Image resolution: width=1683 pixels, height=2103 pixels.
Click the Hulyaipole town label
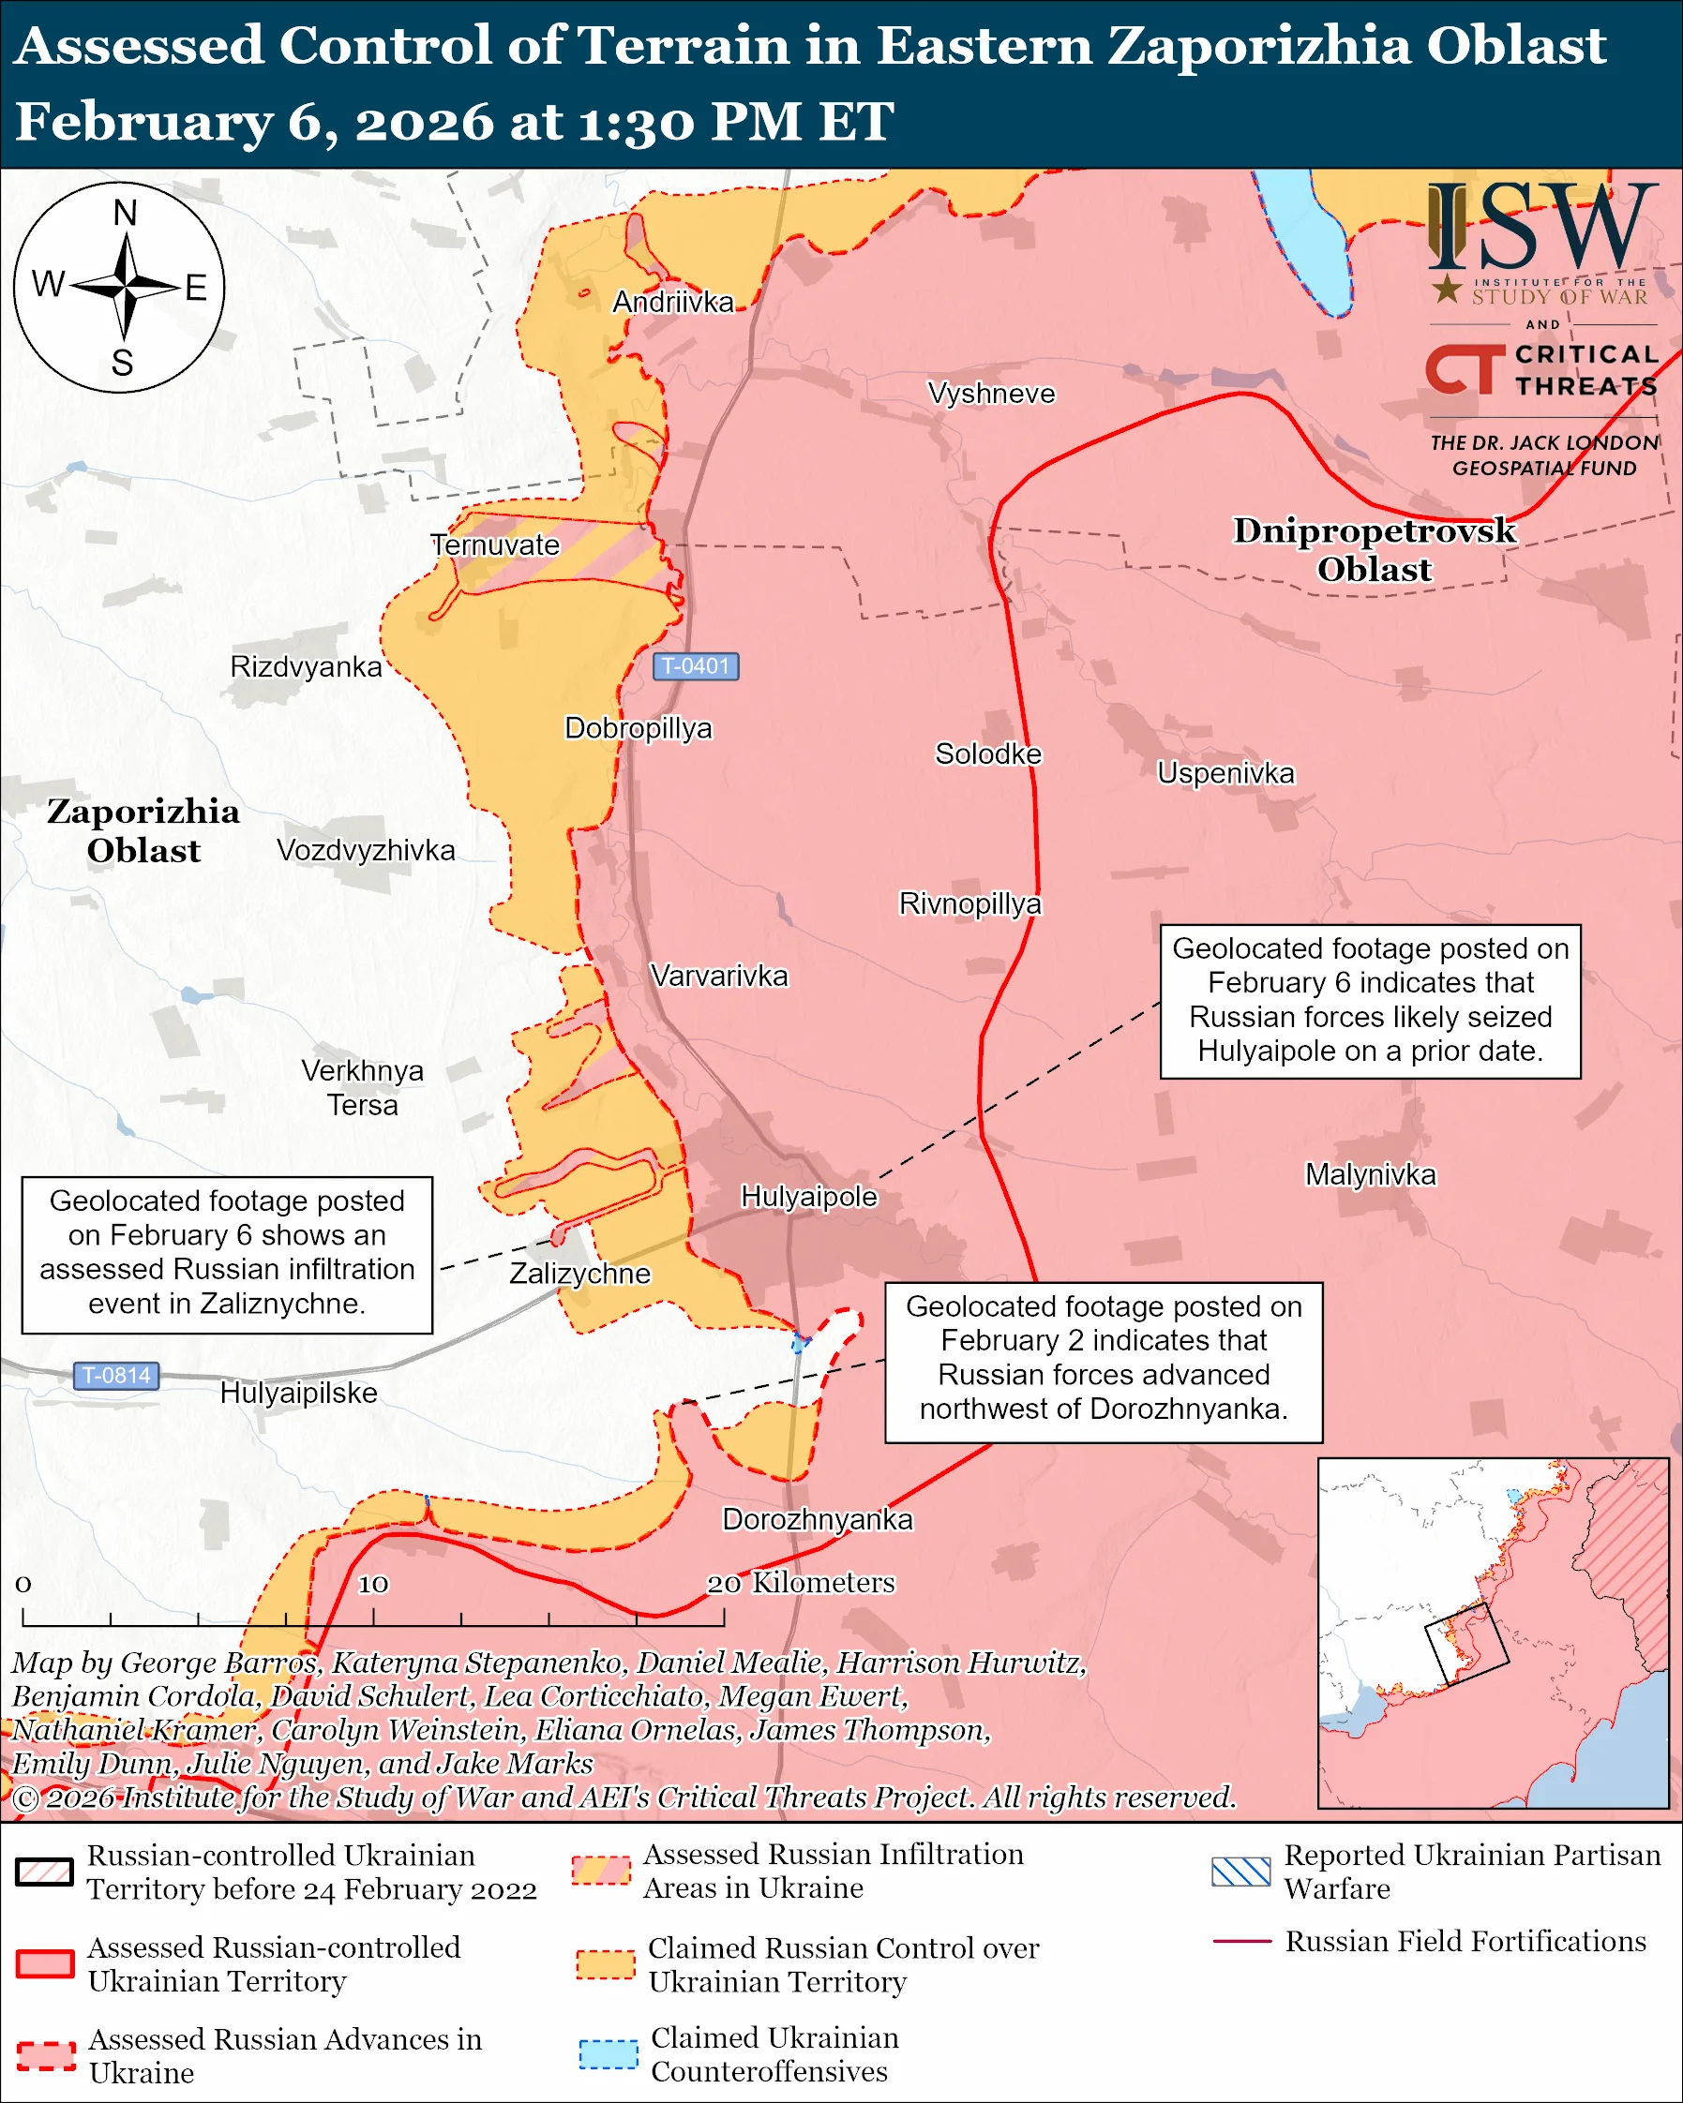click(x=809, y=1197)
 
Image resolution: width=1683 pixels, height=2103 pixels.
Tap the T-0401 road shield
click(x=696, y=666)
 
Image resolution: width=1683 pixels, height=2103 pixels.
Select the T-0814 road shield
click(x=116, y=1376)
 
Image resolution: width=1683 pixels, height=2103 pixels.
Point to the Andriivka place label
click(x=672, y=303)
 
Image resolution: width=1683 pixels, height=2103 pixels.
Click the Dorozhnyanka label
click(x=817, y=1520)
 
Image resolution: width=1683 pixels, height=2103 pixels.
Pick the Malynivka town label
click(x=1370, y=1174)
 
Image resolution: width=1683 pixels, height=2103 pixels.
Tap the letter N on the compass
click(x=125, y=213)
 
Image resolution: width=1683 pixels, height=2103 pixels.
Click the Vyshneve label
click(x=990, y=394)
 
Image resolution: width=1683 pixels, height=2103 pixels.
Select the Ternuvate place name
click(x=496, y=545)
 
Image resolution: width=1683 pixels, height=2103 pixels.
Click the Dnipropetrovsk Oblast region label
click(x=1374, y=549)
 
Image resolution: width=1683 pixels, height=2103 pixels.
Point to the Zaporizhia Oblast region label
click(x=143, y=830)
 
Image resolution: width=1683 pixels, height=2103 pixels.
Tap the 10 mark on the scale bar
click(x=373, y=1584)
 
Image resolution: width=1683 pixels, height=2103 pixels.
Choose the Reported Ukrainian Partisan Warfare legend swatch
click(x=1240, y=1872)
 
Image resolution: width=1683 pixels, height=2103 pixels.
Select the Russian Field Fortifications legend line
click(x=1241, y=1941)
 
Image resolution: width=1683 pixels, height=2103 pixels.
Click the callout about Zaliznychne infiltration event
click(x=227, y=1253)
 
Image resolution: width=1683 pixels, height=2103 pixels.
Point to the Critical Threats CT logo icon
click(x=1465, y=368)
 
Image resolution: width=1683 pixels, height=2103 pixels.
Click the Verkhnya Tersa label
click(x=362, y=1088)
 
